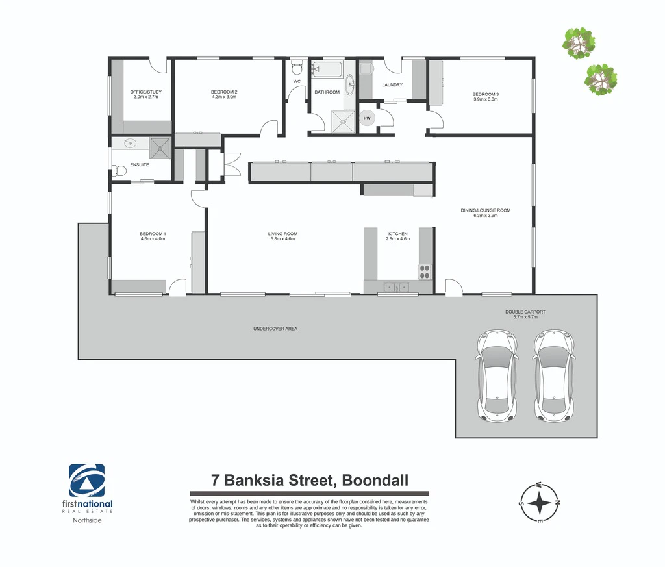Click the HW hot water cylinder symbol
point(367,118)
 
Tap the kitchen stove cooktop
point(425,272)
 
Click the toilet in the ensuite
point(120,171)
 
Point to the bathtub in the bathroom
point(327,69)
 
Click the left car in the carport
point(497,376)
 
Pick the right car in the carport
point(555,376)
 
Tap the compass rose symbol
point(540,503)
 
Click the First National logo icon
point(87,480)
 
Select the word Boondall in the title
point(375,480)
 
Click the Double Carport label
point(525,314)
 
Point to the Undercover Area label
point(275,329)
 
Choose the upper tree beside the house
point(579,44)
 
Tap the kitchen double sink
point(397,287)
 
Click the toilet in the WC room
point(297,67)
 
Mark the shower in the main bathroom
point(343,121)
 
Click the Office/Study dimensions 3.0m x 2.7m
point(146,97)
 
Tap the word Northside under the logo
point(87,520)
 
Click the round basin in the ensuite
point(130,144)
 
